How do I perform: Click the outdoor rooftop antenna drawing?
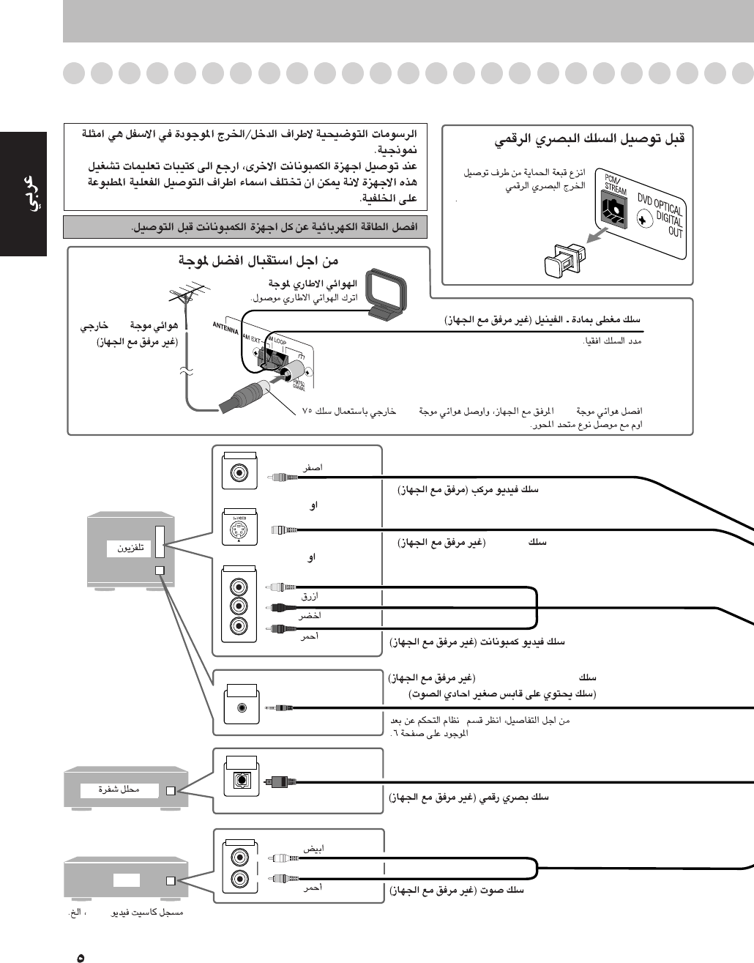coord(185,299)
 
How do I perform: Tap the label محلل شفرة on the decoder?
coord(119,789)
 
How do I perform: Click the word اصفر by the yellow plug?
coord(313,467)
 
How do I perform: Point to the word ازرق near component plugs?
coord(310,597)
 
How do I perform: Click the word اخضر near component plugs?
coord(310,616)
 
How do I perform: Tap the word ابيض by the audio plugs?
coord(313,849)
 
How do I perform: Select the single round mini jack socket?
coord(242,707)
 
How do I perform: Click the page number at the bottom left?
coord(81,956)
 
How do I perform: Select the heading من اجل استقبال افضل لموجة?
coord(259,261)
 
